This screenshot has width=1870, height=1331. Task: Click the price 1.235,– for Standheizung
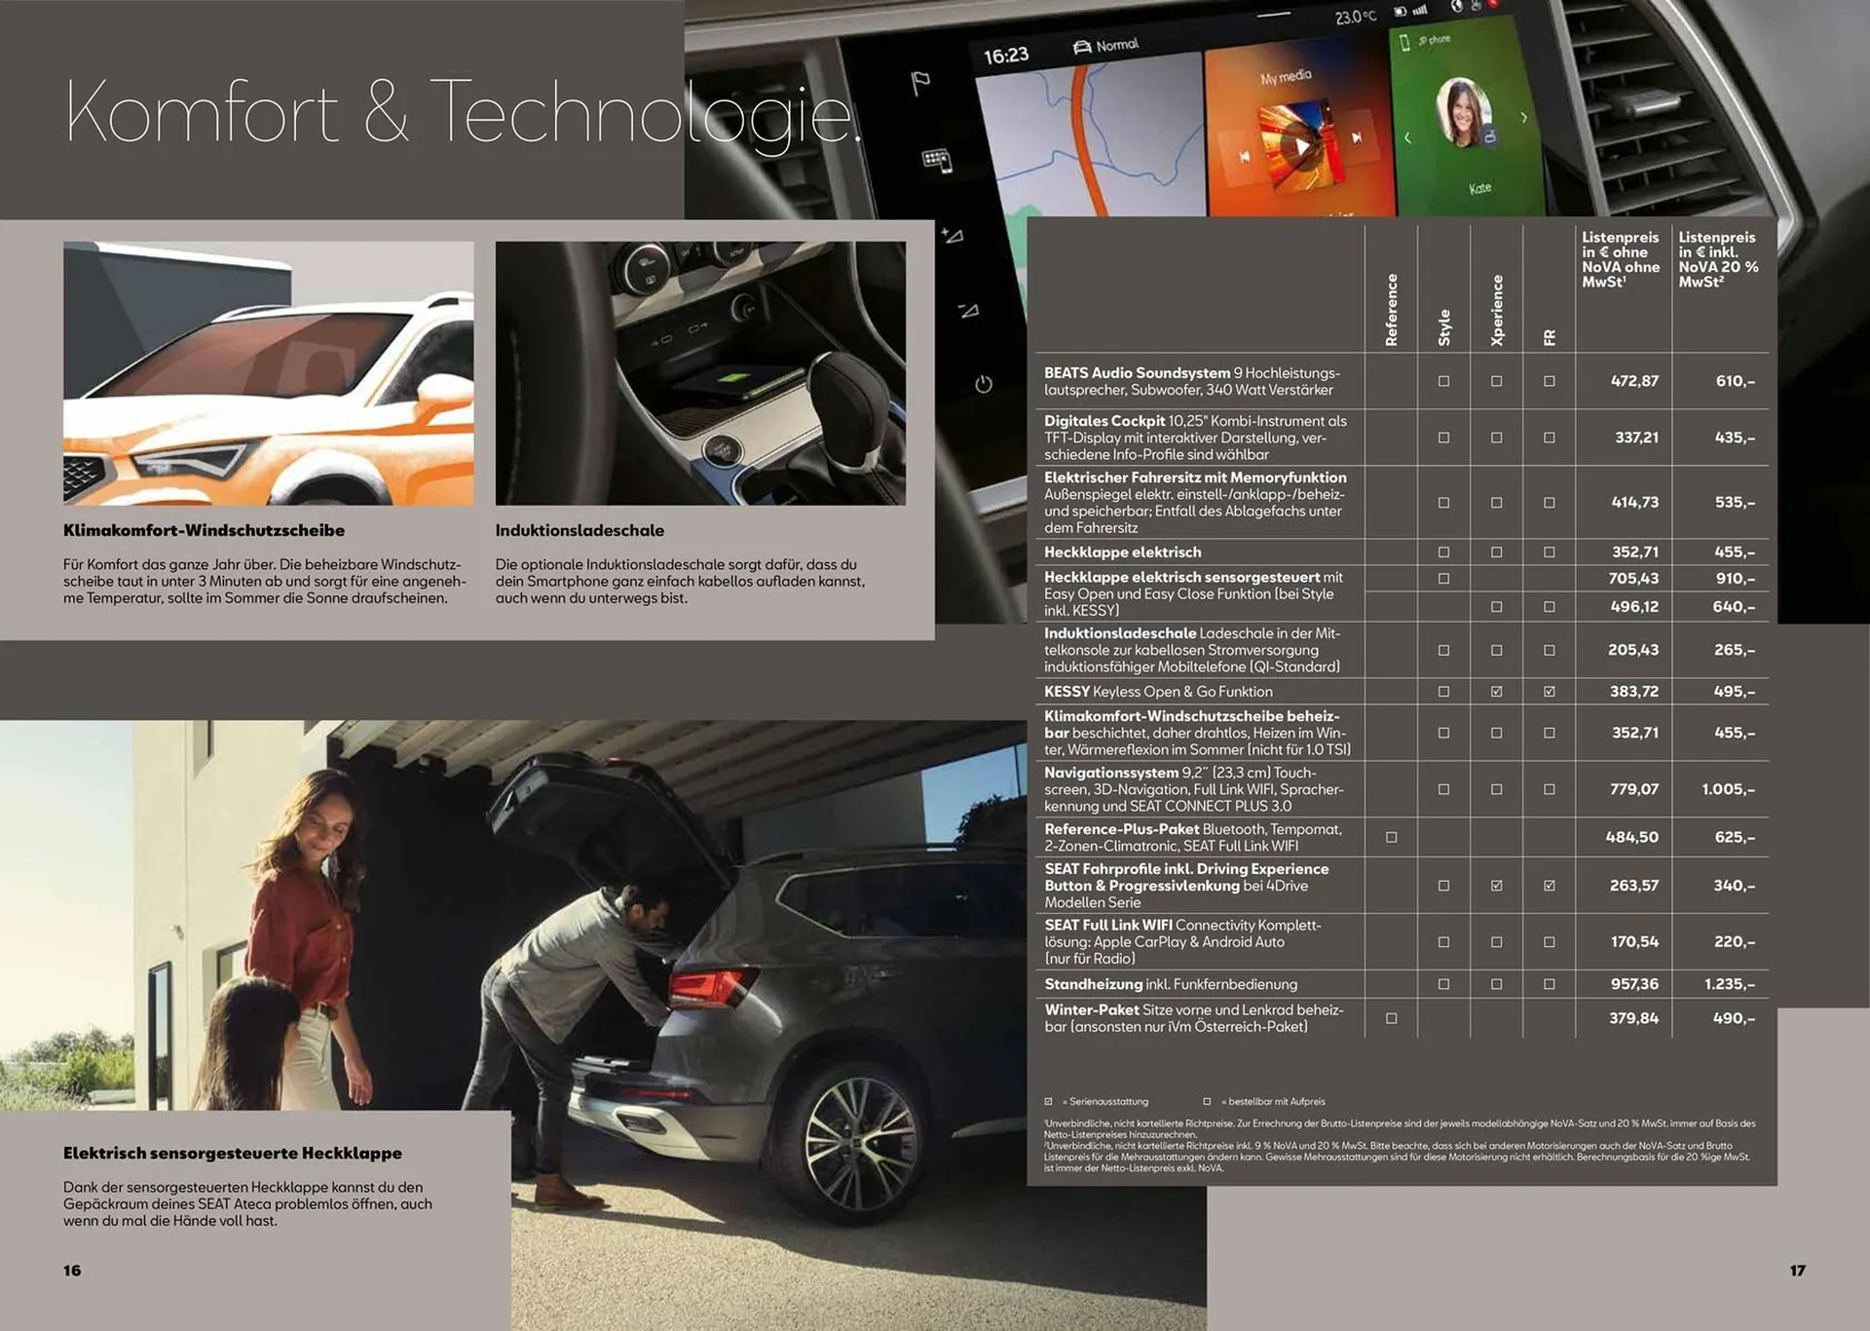[1730, 984]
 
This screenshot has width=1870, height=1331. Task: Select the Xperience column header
[1497, 310]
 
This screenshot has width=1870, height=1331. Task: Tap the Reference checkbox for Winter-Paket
[1392, 1018]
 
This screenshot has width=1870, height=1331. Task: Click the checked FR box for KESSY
[1550, 692]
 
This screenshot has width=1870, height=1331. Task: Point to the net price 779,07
[1634, 789]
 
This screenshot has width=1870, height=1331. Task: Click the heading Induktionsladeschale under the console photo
[580, 531]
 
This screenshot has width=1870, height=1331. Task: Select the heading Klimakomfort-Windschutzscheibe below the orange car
[204, 531]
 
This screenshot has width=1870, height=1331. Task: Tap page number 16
[72, 1271]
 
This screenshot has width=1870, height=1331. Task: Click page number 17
[1798, 1271]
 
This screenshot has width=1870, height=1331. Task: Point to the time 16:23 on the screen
[1006, 56]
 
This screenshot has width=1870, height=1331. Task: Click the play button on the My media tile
[1301, 147]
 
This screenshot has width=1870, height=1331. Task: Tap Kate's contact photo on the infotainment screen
[1464, 112]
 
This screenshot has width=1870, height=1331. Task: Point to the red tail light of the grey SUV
[711, 987]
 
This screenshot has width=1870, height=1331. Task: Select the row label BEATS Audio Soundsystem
[1137, 373]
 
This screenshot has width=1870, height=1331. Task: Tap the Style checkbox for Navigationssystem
[1444, 789]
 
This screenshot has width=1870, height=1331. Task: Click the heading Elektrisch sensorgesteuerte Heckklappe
[233, 1154]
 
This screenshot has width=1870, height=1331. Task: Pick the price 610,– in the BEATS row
[1736, 381]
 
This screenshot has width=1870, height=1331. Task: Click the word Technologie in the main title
[645, 115]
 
